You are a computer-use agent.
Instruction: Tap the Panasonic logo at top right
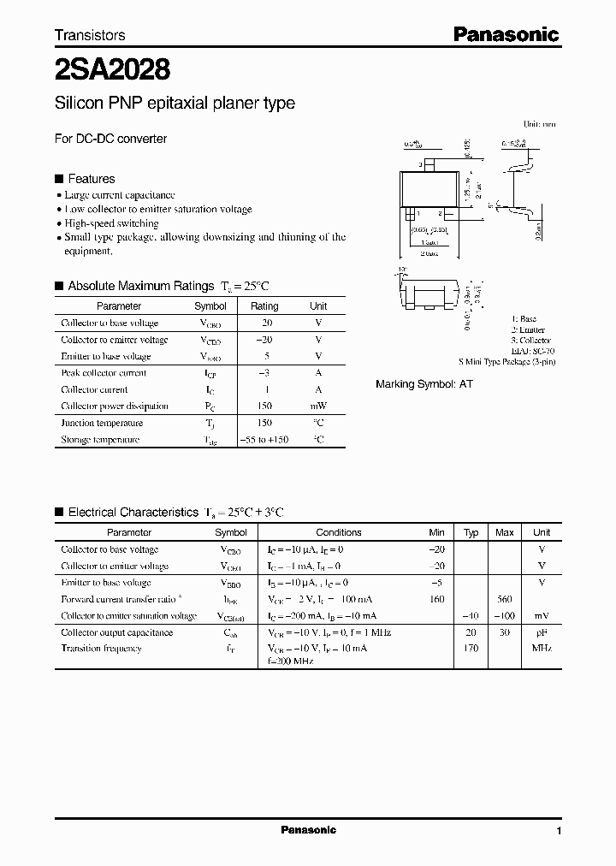(x=506, y=34)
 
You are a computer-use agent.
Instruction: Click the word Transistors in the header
(x=90, y=35)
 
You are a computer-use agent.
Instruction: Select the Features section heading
(x=91, y=179)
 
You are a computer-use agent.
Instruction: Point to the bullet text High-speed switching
(x=111, y=223)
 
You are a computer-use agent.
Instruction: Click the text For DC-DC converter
(x=110, y=138)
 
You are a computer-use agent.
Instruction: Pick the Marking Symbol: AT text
(x=424, y=384)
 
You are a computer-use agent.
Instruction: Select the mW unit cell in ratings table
(x=318, y=406)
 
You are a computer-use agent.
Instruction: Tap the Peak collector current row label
(x=104, y=373)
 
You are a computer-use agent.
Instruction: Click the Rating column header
(x=264, y=305)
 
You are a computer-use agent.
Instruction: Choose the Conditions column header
(x=339, y=532)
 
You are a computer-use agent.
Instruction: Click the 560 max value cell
(x=505, y=599)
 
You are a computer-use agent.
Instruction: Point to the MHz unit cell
(x=541, y=649)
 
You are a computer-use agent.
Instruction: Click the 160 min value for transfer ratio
(x=436, y=599)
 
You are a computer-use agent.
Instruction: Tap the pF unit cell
(x=541, y=632)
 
